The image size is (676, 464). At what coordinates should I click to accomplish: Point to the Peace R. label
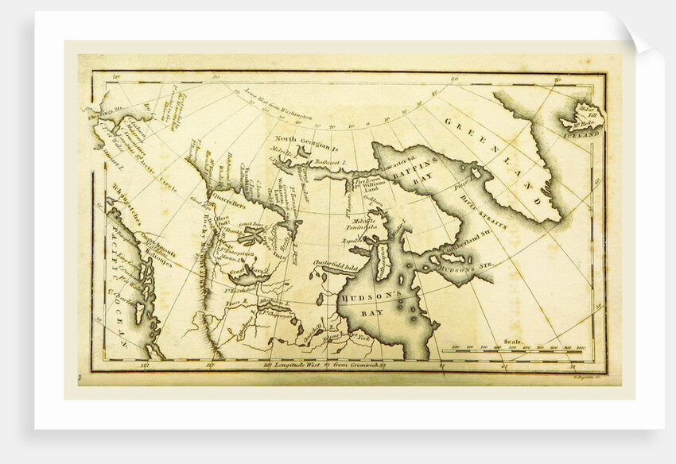click(x=234, y=303)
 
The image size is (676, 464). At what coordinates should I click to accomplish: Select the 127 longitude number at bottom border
click(x=144, y=365)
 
